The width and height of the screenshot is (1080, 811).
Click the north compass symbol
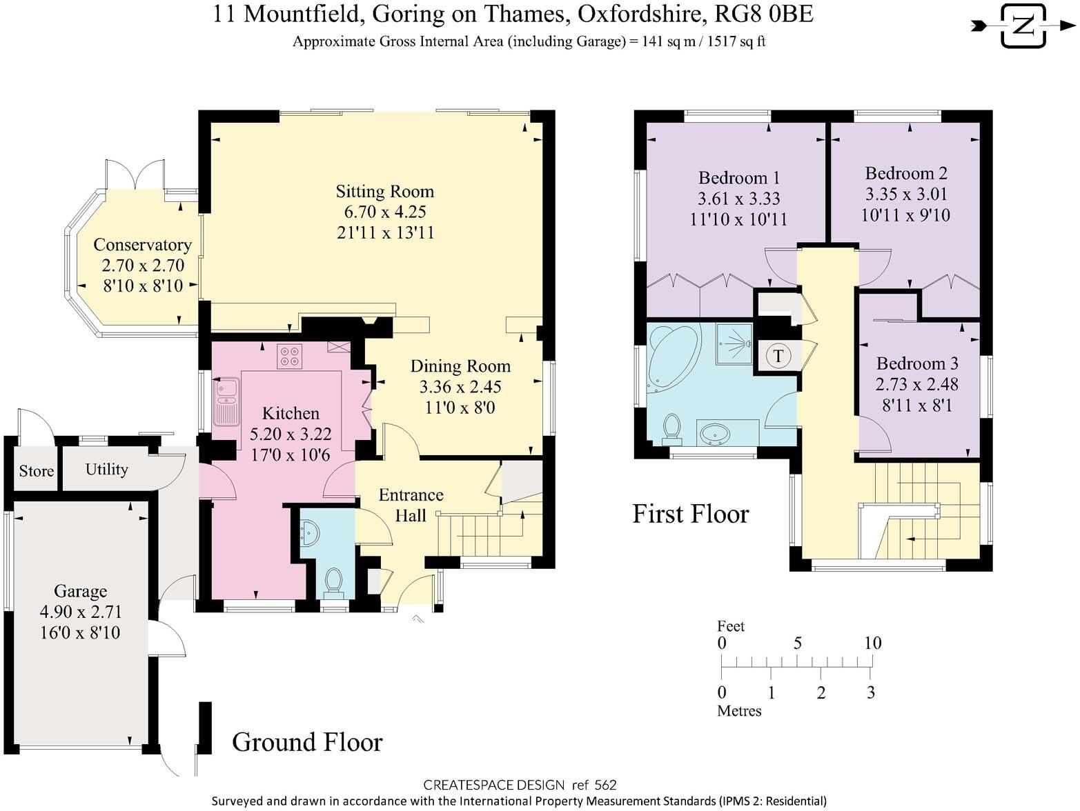(x=1023, y=26)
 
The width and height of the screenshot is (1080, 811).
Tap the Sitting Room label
(x=385, y=191)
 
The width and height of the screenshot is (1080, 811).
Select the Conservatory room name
(x=143, y=245)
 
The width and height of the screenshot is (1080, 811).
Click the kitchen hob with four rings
(x=290, y=357)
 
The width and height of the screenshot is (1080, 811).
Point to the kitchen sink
(x=226, y=401)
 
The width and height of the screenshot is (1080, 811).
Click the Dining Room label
(x=460, y=366)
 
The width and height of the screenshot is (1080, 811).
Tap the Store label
(x=37, y=471)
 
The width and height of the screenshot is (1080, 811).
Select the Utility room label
(x=107, y=470)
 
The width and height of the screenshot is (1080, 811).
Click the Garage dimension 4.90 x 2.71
(x=81, y=612)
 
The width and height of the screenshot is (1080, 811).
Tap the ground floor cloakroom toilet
(x=334, y=583)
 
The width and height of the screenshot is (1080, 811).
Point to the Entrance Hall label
(x=411, y=505)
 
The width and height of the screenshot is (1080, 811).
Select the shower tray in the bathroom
(x=734, y=343)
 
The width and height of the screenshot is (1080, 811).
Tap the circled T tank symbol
(x=778, y=355)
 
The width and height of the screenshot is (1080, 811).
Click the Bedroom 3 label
(x=917, y=363)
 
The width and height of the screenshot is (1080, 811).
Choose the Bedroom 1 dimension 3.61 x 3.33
(x=738, y=199)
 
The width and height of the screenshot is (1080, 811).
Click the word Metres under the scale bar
(x=739, y=711)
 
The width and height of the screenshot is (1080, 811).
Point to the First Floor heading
(x=690, y=514)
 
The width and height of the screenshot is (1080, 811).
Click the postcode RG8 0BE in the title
(x=764, y=14)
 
